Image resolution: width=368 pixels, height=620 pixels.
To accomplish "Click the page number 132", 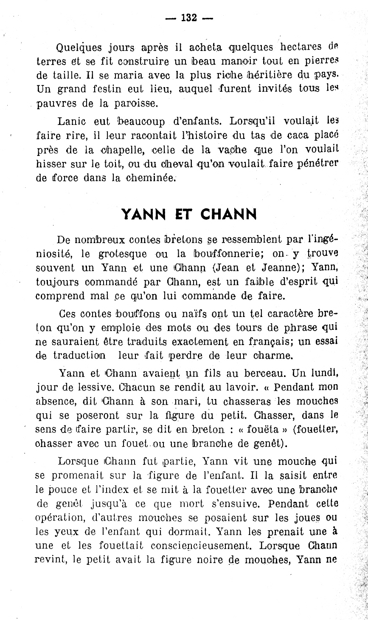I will click(x=189, y=18).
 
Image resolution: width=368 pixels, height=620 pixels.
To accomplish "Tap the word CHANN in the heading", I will click(x=228, y=214).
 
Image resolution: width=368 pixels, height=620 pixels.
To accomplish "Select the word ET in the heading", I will click(x=185, y=214).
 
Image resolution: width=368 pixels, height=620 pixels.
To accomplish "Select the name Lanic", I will click(x=71, y=121).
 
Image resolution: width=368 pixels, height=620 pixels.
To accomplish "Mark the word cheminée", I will click(x=150, y=178).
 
